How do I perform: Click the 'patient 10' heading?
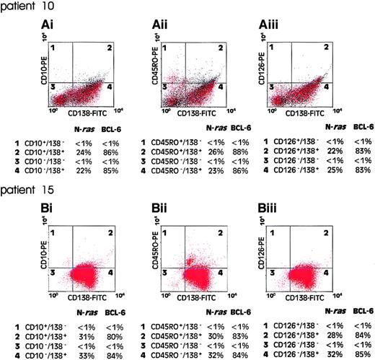point(22,7)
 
